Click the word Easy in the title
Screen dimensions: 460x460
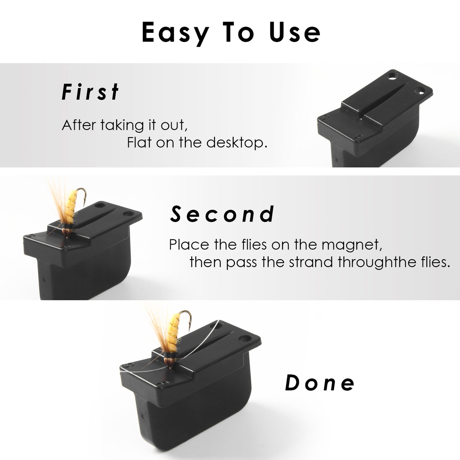click(175, 33)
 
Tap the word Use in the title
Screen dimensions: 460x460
click(295, 32)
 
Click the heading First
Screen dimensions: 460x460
click(90, 92)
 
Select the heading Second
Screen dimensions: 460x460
click(222, 214)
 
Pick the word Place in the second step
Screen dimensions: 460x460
click(189, 244)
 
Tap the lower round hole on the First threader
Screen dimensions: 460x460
click(419, 91)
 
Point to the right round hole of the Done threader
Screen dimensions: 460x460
click(245, 338)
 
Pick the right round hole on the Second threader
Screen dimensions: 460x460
click(129, 213)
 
